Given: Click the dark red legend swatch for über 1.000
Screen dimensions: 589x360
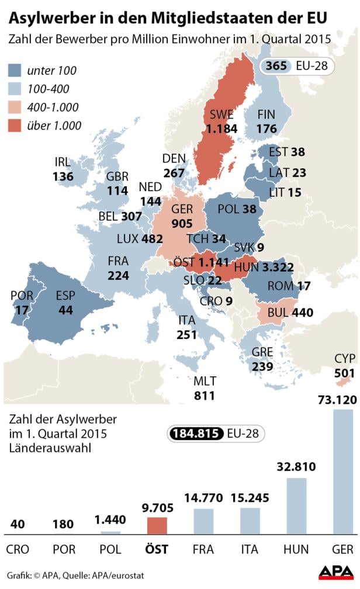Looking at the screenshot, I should tap(18, 125).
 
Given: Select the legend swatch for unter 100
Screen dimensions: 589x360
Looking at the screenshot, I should tap(18, 71).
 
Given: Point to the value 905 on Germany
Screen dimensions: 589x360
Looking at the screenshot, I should tap(182, 223).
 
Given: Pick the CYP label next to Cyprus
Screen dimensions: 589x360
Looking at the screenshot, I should tap(344, 358).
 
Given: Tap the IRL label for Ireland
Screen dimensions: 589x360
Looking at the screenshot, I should tap(63, 162).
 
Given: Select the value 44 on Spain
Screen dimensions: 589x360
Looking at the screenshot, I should tap(65, 310).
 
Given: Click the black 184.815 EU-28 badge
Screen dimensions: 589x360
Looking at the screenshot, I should tap(215, 434).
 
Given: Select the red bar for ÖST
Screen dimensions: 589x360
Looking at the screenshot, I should tap(157, 526).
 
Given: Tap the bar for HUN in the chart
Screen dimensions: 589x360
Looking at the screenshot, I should tap(296, 506).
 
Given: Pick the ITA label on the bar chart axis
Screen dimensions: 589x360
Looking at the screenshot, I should tap(250, 549).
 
